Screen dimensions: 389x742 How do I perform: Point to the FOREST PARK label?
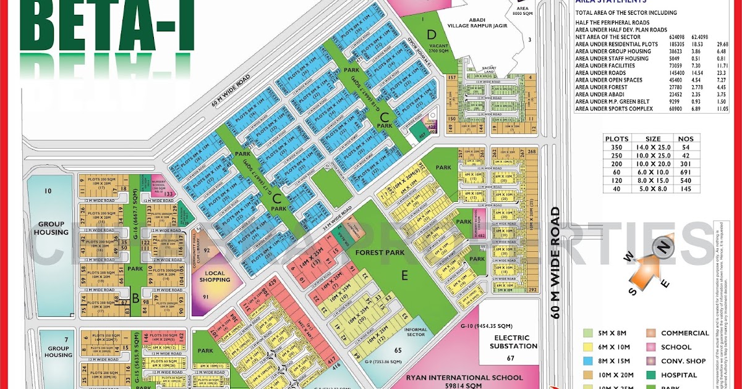tap(378, 253)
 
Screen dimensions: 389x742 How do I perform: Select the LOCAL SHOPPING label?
tap(215, 276)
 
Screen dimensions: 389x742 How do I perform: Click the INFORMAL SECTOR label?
tap(415, 332)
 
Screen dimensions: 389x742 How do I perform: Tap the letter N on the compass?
tap(663, 248)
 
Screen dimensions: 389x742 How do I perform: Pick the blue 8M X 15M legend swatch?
tap(587, 361)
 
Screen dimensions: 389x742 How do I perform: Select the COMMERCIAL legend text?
tap(684, 333)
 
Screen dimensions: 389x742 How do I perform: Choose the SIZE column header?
tap(653, 139)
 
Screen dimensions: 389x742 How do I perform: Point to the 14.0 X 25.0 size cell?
tap(653, 147)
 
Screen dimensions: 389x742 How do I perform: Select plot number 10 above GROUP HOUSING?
tap(48, 191)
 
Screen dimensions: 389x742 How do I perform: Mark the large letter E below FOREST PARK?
tap(405, 277)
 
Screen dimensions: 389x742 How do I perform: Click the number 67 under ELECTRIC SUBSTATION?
tap(511, 358)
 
